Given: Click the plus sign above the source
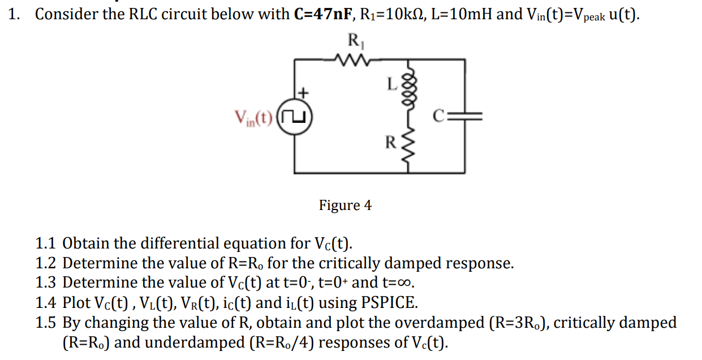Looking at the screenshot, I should click(x=304, y=91).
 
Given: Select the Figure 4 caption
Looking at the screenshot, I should click(x=345, y=205).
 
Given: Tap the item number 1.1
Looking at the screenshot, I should click(x=45, y=244).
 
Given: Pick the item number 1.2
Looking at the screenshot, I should click(x=45, y=264).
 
